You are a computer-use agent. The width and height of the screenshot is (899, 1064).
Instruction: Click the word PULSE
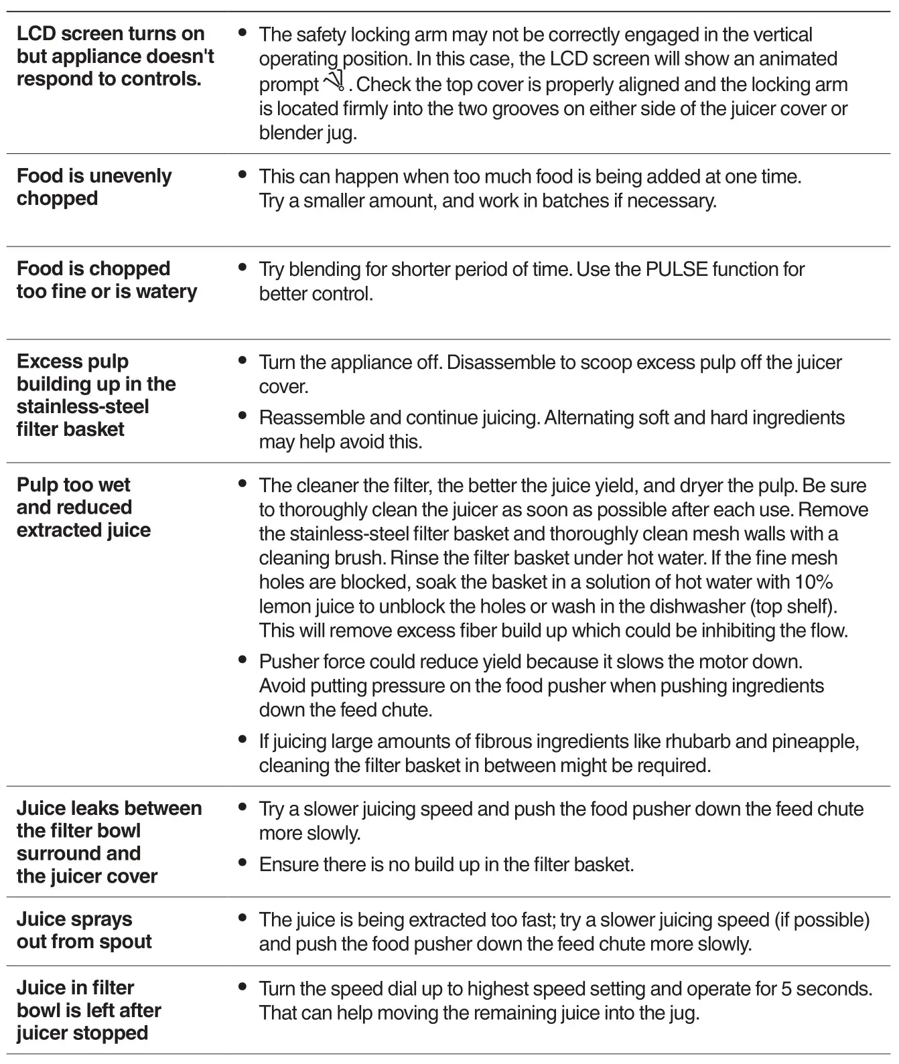(x=676, y=269)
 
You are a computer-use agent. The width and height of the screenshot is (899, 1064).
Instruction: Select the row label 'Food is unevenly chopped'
(x=94, y=187)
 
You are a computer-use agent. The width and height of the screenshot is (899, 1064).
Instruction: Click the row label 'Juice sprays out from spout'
(x=84, y=930)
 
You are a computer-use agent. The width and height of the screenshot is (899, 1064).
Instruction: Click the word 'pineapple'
(x=813, y=741)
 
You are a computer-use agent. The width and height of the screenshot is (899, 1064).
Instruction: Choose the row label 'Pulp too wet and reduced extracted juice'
(x=84, y=507)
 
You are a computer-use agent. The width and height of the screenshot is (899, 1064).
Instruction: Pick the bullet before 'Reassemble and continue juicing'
(x=243, y=416)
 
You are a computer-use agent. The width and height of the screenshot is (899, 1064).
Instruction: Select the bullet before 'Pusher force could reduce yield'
(x=243, y=660)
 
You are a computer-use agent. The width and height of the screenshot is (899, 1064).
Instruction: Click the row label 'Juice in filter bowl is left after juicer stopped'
(x=89, y=1010)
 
